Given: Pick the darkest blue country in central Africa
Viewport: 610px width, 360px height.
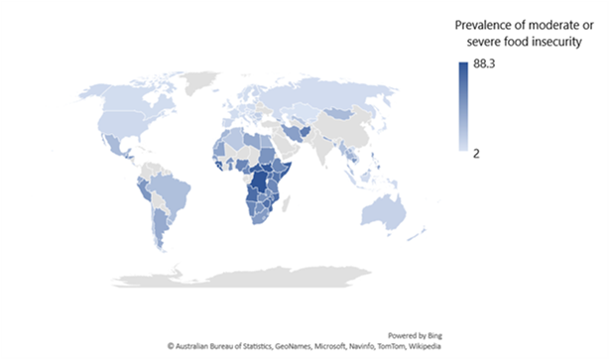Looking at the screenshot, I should click(262, 183).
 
